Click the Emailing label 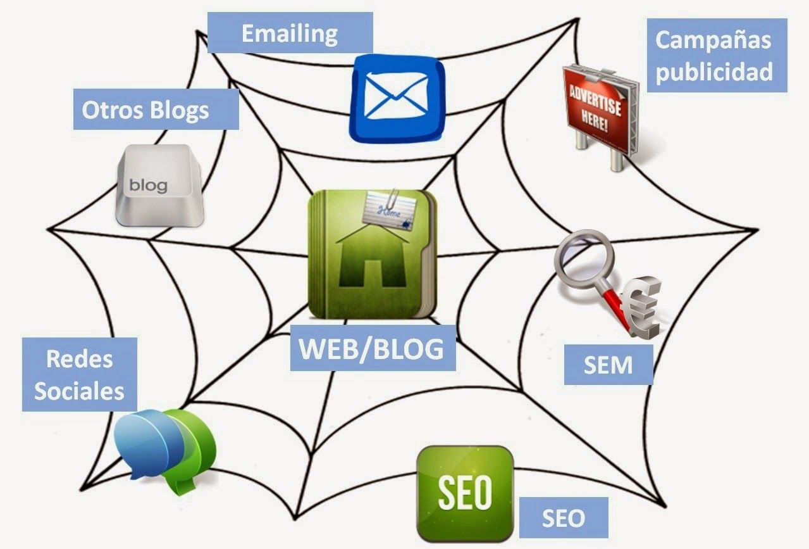pos(290,33)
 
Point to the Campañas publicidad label pos(713,56)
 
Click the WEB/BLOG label pos(372,349)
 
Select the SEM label pos(608,365)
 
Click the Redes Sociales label pos(80,375)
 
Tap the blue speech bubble pos(145,439)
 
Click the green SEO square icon pos(464,493)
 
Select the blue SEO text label pos(563,519)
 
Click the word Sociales pos(80,391)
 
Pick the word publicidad pos(713,71)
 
